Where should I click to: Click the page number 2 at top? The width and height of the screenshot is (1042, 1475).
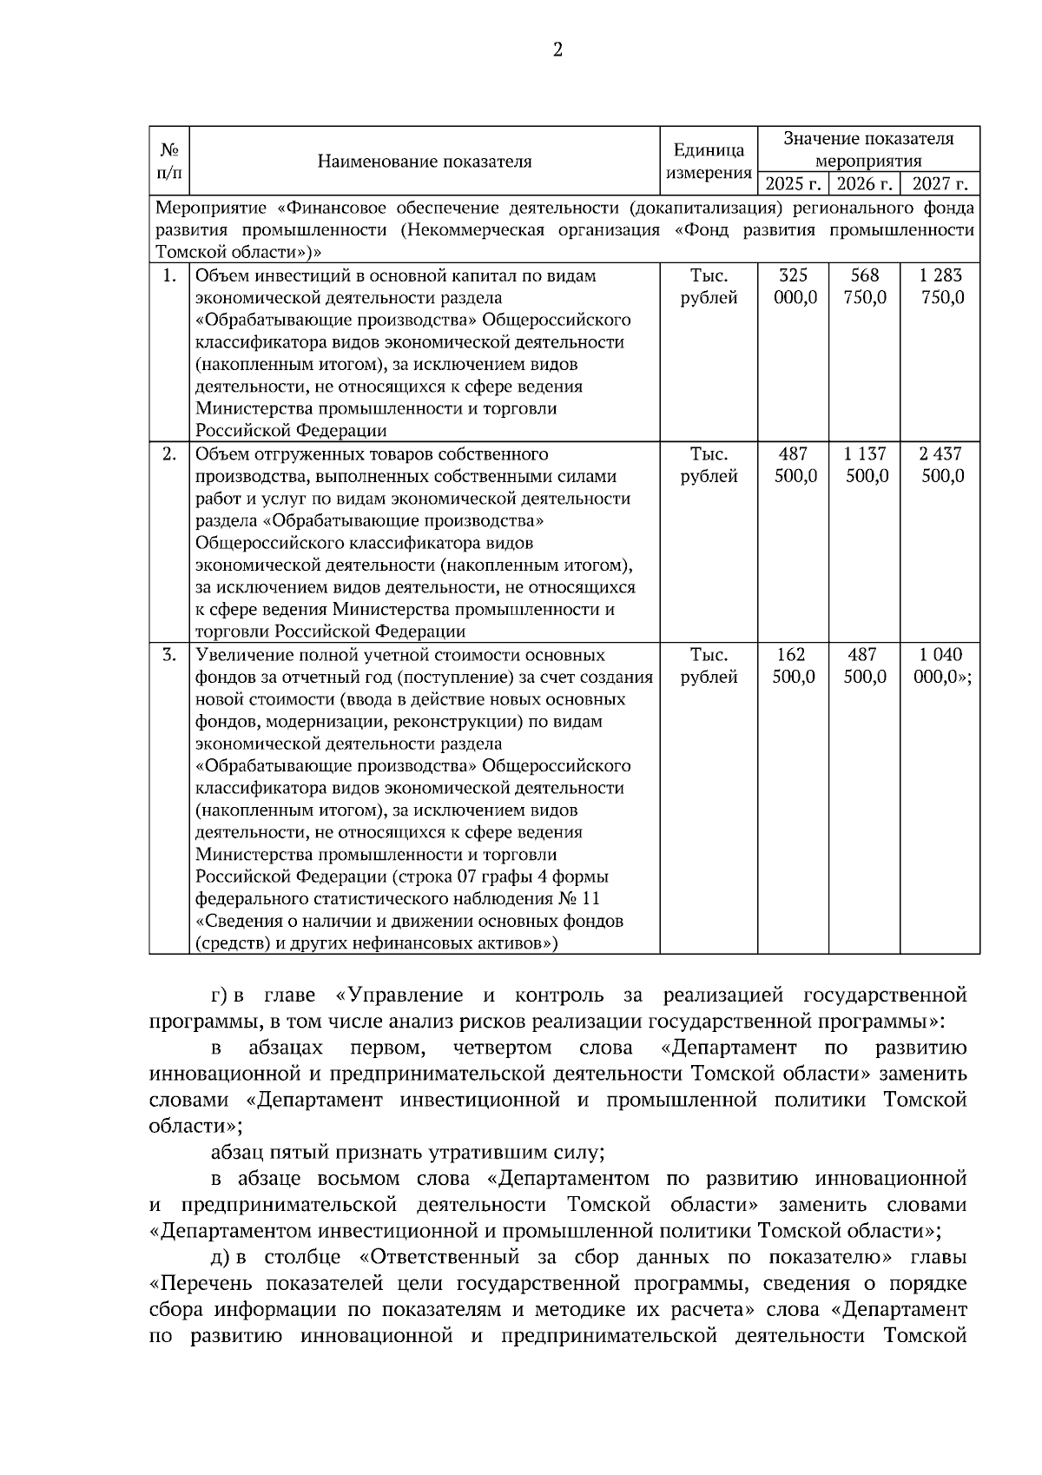pyautogui.click(x=557, y=50)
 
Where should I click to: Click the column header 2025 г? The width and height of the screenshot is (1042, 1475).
pyautogui.click(x=793, y=184)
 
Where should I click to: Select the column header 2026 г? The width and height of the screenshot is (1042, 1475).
pyautogui.click(x=864, y=184)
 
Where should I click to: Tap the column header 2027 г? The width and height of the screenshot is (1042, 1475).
pyautogui.click(x=940, y=184)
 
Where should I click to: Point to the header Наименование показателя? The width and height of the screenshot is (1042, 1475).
pyautogui.click(x=424, y=162)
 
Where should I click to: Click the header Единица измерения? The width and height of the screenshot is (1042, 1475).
pyautogui.click(x=709, y=162)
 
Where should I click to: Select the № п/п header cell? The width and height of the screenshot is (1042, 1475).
pyautogui.click(x=168, y=162)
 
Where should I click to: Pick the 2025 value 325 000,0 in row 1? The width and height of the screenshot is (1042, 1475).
pyautogui.click(x=794, y=287)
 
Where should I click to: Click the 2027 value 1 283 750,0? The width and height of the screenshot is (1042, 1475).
pyautogui.click(x=940, y=287)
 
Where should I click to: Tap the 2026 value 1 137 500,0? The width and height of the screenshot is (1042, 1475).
pyautogui.click(x=865, y=465)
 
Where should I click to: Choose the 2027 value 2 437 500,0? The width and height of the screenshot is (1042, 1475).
pyautogui.click(x=940, y=465)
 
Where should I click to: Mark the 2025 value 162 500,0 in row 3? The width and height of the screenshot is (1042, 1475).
pyautogui.click(x=794, y=665)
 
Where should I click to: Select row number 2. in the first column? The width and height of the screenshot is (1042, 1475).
pyautogui.click(x=169, y=453)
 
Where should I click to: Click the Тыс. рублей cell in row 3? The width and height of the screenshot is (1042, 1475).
pyautogui.click(x=709, y=665)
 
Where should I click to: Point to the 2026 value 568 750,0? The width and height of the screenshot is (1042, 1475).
pyautogui.click(x=865, y=287)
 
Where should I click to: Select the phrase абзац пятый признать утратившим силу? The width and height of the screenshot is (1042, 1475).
pyautogui.click(x=406, y=1153)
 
